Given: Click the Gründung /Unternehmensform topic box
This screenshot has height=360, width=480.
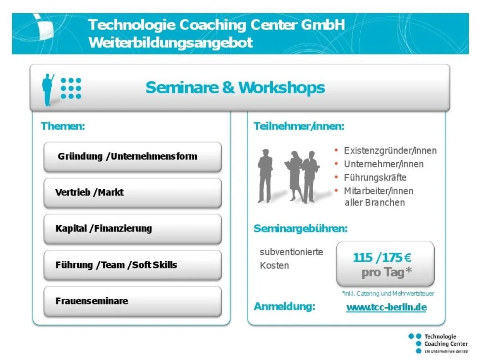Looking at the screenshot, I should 132,156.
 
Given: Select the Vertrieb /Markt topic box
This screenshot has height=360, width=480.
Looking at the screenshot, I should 132,192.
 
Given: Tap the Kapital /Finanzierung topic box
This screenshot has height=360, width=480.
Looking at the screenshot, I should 132,229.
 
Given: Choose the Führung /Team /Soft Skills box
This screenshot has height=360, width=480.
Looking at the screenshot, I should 132,265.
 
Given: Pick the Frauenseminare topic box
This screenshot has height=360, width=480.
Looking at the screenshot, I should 132,301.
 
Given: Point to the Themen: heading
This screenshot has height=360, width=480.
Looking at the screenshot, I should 63,126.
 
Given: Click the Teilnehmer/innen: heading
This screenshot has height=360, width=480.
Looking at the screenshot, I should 299,126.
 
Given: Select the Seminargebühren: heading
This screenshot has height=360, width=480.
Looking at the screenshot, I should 300,229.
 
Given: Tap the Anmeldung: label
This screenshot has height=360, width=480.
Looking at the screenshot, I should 284,307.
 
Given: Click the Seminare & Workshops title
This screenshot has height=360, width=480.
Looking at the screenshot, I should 235,87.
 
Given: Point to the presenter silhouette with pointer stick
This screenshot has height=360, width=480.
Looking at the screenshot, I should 48,89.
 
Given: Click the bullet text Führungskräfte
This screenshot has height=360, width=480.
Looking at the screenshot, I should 375,177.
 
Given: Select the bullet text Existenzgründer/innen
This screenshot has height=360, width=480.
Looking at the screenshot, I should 390,151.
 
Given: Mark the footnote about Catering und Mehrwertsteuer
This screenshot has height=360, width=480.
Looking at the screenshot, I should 388,293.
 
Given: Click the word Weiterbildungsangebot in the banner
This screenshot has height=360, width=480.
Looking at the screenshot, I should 171,42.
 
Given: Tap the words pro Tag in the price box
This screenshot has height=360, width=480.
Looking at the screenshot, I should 386,272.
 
